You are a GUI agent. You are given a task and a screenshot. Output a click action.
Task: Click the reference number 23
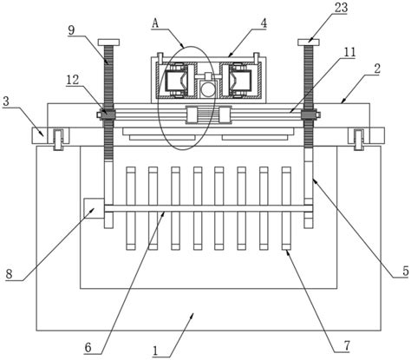click(341, 8)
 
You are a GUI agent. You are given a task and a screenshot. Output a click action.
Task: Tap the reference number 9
click(72, 30)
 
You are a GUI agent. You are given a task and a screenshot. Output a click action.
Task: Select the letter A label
click(155, 23)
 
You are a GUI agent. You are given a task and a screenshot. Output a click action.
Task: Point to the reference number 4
click(264, 23)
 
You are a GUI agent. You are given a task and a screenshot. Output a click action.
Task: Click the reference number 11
click(349, 52)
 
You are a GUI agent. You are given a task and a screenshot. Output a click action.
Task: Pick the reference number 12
click(72, 80)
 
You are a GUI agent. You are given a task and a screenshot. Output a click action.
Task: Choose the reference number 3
click(6, 101)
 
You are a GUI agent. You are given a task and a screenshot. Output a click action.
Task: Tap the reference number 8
click(10, 273)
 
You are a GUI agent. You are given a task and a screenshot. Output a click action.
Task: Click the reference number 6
click(88, 347)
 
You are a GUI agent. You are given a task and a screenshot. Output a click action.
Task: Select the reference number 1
click(156, 351)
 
